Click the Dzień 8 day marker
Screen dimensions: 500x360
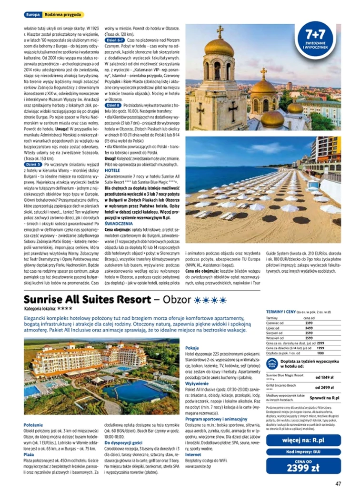pos(113,104)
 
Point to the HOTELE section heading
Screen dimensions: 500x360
pos(112,170)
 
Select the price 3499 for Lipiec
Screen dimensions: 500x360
pos(309,328)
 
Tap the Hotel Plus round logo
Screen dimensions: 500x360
pos(271,364)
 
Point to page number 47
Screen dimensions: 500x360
pos(338,484)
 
